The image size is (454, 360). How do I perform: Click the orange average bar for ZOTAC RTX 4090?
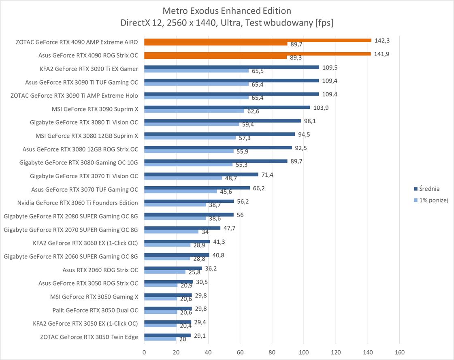258,40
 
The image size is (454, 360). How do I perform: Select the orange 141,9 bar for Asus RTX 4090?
257,53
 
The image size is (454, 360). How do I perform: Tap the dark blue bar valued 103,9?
227,107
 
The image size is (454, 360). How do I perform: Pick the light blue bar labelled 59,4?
192,124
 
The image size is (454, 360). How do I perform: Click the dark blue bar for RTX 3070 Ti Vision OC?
201,175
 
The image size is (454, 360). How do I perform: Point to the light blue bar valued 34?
171,232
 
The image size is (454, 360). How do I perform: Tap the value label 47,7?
230,228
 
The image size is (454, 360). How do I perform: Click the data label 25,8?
194,272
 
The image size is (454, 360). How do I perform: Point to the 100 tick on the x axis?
304,352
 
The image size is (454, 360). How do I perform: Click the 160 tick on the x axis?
399,352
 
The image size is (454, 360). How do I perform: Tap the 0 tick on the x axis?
144,352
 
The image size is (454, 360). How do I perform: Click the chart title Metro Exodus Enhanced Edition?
227,10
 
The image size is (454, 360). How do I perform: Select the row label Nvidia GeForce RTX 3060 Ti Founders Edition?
77,202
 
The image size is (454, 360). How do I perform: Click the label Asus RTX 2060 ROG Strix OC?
100,270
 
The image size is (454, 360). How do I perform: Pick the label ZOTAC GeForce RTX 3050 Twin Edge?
89,337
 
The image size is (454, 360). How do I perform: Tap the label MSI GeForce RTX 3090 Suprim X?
95,109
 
